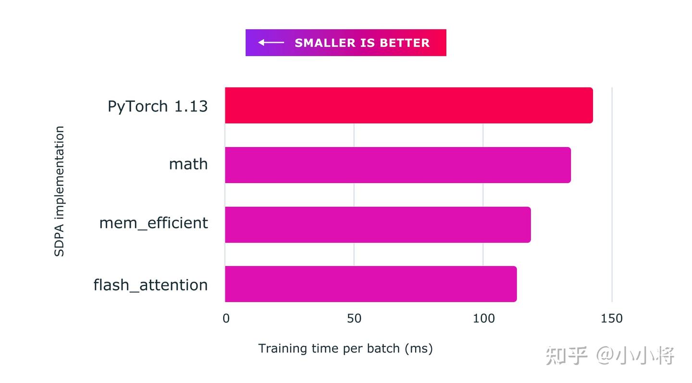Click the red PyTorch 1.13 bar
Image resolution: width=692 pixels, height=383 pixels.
[408, 105]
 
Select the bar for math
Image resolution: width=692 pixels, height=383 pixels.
[398, 165]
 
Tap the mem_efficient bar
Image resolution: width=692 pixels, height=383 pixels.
[378, 224]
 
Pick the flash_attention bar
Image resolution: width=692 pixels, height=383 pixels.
[371, 284]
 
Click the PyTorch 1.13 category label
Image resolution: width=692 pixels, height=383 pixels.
[158, 106]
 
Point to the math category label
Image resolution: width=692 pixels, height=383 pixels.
[188, 164]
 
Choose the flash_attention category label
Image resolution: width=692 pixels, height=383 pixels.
[150, 285]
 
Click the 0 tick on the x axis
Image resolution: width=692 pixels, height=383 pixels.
[226, 319]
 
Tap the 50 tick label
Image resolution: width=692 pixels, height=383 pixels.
[354, 319]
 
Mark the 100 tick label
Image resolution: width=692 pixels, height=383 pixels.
[483, 319]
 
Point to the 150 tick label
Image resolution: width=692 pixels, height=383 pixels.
[612, 319]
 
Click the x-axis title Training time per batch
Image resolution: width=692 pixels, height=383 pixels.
[345, 348]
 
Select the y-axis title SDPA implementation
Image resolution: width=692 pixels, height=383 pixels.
[59, 191]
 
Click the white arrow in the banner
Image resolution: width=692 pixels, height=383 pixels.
[271, 43]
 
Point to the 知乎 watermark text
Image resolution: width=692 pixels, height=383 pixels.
[567, 356]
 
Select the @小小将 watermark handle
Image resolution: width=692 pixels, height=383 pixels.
[635, 356]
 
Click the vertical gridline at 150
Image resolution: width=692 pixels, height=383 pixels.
[612, 192]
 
